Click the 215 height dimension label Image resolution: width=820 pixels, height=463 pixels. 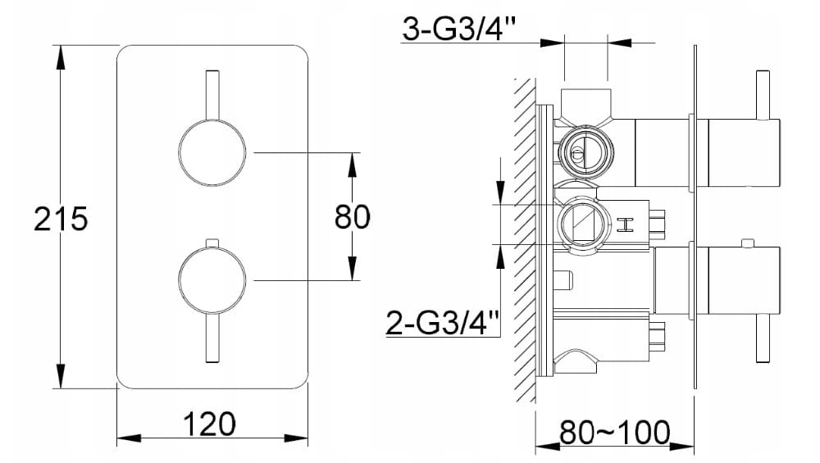click(x=61, y=219)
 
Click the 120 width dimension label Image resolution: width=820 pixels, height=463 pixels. click(x=209, y=424)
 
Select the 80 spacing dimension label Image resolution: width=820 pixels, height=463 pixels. click(x=353, y=217)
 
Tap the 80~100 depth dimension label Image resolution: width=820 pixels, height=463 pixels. click(x=614, y=432)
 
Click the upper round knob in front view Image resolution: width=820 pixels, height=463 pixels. click(x=212, y=152)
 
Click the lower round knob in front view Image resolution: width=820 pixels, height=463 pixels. click(x=212, y=280)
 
